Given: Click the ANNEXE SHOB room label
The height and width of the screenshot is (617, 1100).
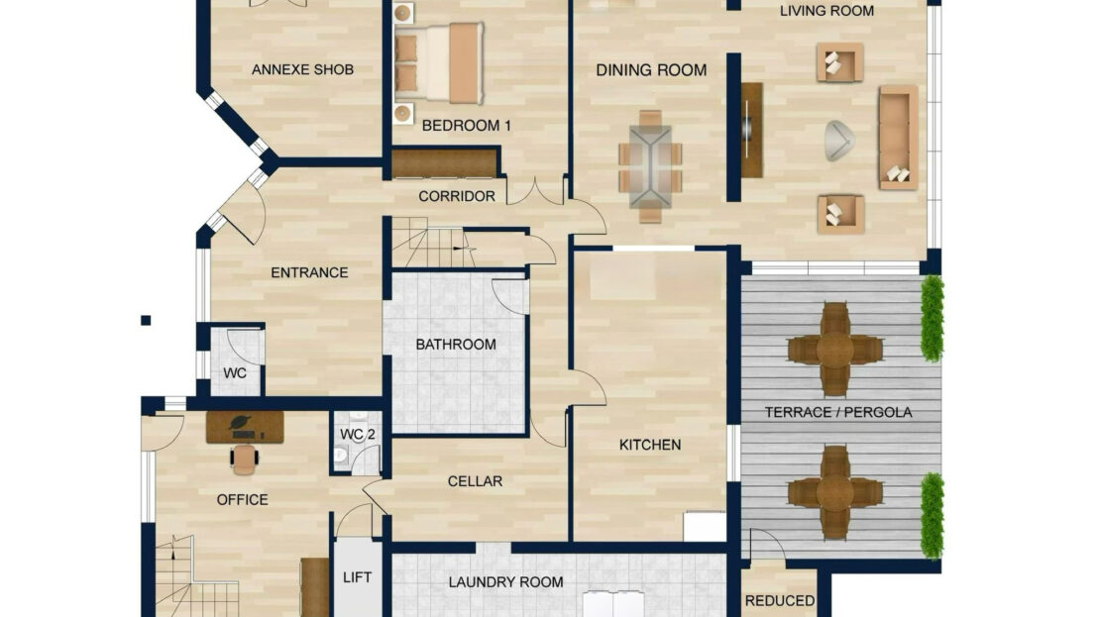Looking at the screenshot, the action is coord(302,69).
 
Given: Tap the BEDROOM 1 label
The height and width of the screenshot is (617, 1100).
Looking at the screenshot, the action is coord(467,126).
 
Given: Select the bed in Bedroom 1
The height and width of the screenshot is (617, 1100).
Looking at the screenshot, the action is coord(439,63).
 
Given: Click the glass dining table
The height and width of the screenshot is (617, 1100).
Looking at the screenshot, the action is coord(650,166).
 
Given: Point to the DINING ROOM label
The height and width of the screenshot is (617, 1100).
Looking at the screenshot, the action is coord(651,70).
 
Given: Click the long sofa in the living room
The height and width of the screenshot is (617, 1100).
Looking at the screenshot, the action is coord(899,138).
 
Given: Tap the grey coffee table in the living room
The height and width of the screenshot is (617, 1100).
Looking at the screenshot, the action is coord(839,140).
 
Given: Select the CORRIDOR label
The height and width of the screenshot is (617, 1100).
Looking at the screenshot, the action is coord(457,196).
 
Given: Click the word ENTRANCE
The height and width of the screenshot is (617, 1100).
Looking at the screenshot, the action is coord(309,272).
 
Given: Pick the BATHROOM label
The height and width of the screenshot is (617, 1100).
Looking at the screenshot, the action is coord(456,345).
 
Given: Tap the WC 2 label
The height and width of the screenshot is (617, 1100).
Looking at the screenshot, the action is coord(358,435).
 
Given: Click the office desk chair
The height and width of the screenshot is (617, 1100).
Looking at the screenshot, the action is coord(245,458).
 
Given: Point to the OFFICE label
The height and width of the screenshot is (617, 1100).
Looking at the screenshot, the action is coord(242,500).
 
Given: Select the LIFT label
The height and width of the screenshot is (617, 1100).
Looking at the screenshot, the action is coord(357,577).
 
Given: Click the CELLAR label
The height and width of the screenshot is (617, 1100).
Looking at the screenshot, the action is coord(475,481).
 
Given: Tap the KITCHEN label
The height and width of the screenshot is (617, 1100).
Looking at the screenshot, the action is coord(650,445).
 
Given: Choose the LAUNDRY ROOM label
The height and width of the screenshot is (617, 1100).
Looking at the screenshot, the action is coord(505,582).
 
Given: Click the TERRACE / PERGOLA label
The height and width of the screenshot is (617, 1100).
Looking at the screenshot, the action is coord(838,412).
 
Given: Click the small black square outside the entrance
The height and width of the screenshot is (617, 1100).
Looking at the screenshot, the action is coord(146,321).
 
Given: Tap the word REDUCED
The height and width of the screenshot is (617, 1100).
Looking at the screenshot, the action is coord(779,601).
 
